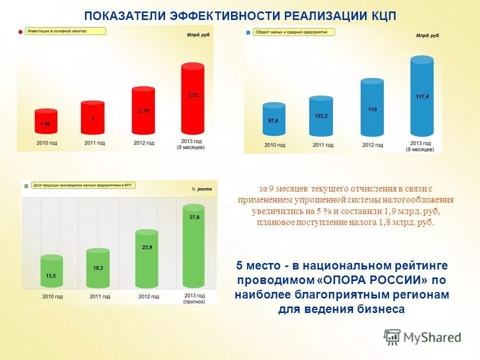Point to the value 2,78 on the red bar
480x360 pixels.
coord(143,111)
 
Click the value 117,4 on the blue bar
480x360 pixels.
coord(422,96)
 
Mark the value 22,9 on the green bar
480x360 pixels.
coord(147,247)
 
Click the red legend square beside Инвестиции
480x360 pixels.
coord(20,31)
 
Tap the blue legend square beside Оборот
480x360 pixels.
coord(248,32)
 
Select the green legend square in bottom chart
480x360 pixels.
coord(25,186)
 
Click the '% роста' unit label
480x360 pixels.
coord(201,189)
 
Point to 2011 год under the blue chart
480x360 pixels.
coord(320,145)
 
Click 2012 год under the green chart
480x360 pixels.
coord(148,296)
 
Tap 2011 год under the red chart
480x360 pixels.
coord(94,143)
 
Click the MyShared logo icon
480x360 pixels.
coord(392,337)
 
